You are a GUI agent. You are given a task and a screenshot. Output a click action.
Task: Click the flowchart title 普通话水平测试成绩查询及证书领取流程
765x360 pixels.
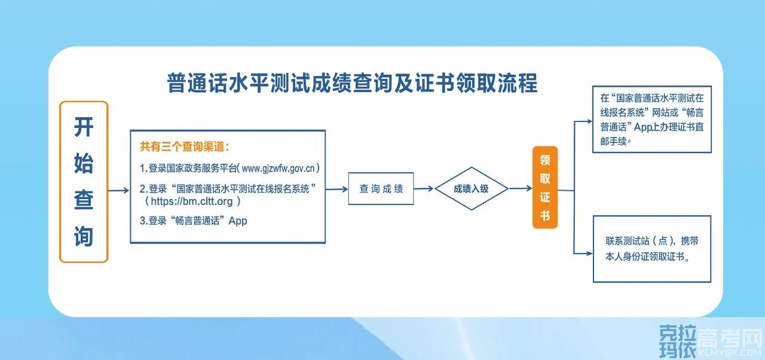(x=352, y=83)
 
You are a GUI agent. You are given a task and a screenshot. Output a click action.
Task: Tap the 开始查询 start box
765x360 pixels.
(x=84, y=182)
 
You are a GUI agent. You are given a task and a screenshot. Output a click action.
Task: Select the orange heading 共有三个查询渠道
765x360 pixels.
(x=185, y=147)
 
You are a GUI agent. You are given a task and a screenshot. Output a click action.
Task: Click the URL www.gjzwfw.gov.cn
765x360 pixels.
(x=279, y=168)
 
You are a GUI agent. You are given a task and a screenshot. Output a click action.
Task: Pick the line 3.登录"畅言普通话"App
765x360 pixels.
(x=193, y=221)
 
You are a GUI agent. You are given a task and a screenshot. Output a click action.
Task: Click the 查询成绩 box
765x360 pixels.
(x=381, y=189)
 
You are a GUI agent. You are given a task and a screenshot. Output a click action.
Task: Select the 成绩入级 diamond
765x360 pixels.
(x=471, y=189)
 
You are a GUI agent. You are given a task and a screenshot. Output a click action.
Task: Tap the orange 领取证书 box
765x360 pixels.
(x=544, y=187)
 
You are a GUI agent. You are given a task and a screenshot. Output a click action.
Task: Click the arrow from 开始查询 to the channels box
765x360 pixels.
(x=118, y=191)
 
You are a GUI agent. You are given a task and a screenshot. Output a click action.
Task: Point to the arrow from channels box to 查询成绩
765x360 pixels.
(x=337, y=189)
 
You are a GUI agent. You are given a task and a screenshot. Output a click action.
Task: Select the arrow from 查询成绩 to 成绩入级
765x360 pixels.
(x=424, y=189)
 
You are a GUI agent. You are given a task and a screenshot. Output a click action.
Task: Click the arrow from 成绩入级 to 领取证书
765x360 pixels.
(x=521, y=188)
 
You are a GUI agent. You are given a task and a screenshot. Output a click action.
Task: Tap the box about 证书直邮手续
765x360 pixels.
(x=651, y=119)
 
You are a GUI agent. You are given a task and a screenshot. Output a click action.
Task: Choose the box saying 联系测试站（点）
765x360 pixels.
(x=651, y=249)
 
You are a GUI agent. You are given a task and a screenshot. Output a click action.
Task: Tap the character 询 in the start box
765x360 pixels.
(x=84, y=236)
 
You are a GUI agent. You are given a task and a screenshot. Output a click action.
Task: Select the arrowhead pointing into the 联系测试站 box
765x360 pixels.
(x=589, y=254)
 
